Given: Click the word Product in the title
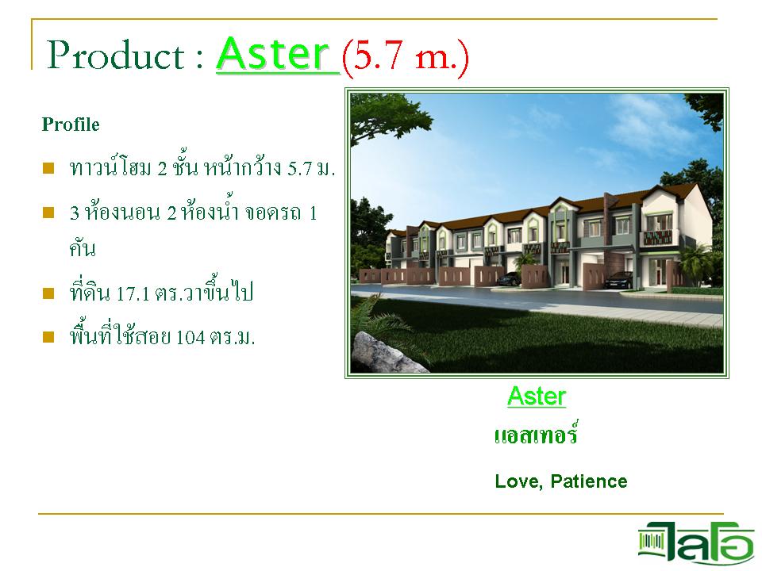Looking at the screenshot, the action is (116, 55).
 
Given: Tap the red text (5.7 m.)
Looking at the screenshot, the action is (406, 57).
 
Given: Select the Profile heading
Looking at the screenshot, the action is (71, 125).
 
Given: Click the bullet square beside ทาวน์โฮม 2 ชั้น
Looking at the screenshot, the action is (48, 168).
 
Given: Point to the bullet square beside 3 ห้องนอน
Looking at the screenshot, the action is (48, 213).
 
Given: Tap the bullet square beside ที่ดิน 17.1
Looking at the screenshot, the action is (48, 293).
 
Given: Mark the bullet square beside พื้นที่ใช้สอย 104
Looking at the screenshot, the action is (48, 337).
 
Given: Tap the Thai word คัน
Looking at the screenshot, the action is (83, 248).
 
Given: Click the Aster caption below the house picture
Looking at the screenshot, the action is (537, 397).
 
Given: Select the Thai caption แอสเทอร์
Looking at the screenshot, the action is (536, 433).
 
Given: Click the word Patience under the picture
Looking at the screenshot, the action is (589, 481).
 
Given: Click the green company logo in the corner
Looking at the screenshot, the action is (696, 542).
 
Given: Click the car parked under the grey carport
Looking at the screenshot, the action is (619, 280).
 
